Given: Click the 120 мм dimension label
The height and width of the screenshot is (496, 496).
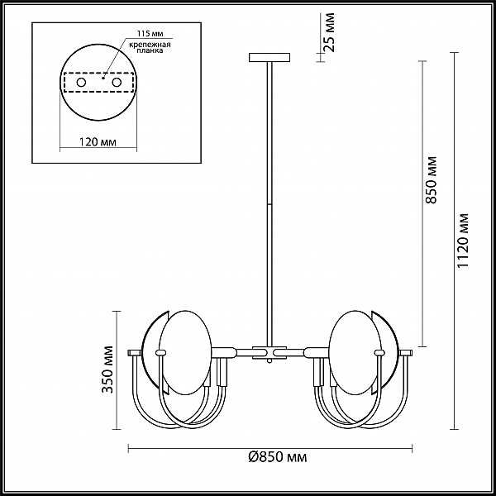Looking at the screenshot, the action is coord(98,142).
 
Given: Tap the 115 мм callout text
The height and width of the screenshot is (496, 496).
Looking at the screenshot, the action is coord(150,34).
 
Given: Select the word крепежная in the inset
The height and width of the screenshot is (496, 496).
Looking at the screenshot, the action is coord(150,45).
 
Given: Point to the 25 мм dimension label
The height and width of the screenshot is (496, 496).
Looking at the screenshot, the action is coord(329,32).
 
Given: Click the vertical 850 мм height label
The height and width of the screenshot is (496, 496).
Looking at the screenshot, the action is coord(431,179).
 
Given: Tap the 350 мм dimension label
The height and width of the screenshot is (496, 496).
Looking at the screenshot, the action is coord(108,370).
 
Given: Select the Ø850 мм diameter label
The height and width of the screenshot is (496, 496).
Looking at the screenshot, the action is coord(278,457).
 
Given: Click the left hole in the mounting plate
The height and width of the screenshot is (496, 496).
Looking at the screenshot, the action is coord(81,83).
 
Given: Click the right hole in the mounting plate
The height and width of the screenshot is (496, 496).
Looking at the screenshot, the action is coord(117,83).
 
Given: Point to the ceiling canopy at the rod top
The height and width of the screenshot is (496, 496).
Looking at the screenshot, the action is coord(269,57).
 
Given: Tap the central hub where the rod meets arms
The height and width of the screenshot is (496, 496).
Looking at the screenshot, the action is coord(269,353).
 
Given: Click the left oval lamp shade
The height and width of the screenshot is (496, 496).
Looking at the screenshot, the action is coord(185,352).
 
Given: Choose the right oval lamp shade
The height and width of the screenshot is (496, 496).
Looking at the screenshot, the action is coord(355,352).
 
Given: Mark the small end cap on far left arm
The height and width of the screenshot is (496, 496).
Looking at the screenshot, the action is coord(135,353).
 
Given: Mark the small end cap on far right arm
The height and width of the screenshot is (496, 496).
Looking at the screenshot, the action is coord(406,353).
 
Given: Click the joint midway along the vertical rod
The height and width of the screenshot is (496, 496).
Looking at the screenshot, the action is coord(269,205).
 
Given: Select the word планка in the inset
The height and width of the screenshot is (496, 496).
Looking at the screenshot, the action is coord(150,50).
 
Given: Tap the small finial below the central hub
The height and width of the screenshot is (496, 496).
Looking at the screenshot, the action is coord(269,361).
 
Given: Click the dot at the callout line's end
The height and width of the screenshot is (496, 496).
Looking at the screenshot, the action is coord(103,78).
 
